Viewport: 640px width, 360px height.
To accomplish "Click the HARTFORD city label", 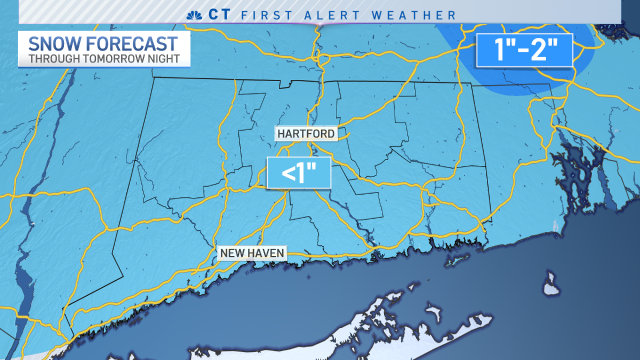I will click(x=307, y=133).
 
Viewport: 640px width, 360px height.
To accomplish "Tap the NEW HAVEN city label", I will click(x=253, y=252).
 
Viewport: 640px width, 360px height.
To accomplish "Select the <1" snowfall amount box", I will click(x=299, y=173).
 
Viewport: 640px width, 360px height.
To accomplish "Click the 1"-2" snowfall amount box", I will click(x=524, y=50).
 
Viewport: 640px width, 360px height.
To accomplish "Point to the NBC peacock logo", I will click(x=194, y=14).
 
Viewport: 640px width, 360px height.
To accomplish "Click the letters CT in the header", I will click(x=219, y=14).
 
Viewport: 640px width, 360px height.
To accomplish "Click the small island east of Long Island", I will click(x=551, y=285).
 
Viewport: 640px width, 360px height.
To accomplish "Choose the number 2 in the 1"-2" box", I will click(x=547, y=50).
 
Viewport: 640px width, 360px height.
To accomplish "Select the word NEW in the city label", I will click(x=232, y=252).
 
